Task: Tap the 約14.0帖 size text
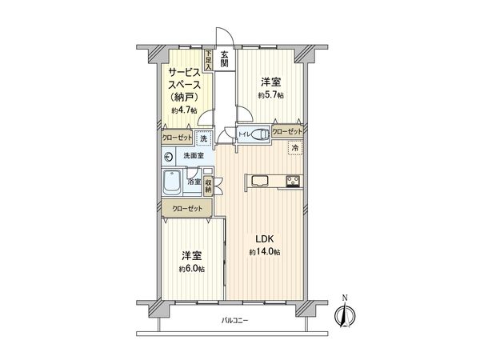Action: [x=264, y=252]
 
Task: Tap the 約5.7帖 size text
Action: [x=270, y=94]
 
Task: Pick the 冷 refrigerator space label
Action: [x=295, y=148]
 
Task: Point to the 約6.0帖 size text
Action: [x=191, y=269]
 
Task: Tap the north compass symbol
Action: [x=346, y=314]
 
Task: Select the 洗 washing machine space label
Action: [x=204, y=138]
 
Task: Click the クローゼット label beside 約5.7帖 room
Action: [x=287, y=130]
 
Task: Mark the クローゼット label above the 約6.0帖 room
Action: [x=185, y=208]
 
